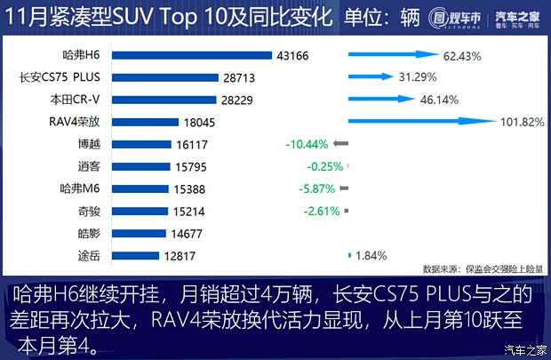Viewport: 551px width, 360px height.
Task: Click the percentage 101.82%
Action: pyautogui.click(x=523, y=123)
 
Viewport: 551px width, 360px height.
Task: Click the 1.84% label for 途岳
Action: pyautogui.click(x=371, y=256)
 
